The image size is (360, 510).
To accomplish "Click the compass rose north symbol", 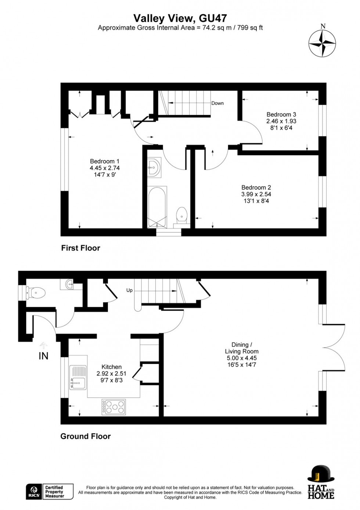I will click(x=322, y=43).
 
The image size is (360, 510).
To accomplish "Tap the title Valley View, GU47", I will click(x=180, y=18).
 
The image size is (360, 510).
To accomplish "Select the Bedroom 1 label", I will click(x=105, y=161).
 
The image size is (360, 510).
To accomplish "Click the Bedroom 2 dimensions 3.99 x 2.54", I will click(x=256, y=194).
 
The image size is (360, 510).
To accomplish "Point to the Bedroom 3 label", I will click(x=281, y=114).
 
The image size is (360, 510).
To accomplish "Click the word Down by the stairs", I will click(x=217, y=103).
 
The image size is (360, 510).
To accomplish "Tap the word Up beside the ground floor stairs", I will click(x=129, y=290).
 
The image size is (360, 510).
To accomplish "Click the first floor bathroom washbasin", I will click(x=154, y=168).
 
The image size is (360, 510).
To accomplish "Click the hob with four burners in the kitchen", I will click(x=114, y=407).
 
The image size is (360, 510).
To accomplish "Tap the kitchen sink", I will click(x=78, y=378).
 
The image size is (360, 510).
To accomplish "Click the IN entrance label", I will click(x=43, y=356).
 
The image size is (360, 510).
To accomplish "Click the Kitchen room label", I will click(x=111, y=367).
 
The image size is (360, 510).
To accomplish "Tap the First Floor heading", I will click(x=80, y=248).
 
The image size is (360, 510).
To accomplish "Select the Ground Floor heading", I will click(x=85, y=436).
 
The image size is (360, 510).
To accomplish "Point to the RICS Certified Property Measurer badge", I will click(x=50, y=492).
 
